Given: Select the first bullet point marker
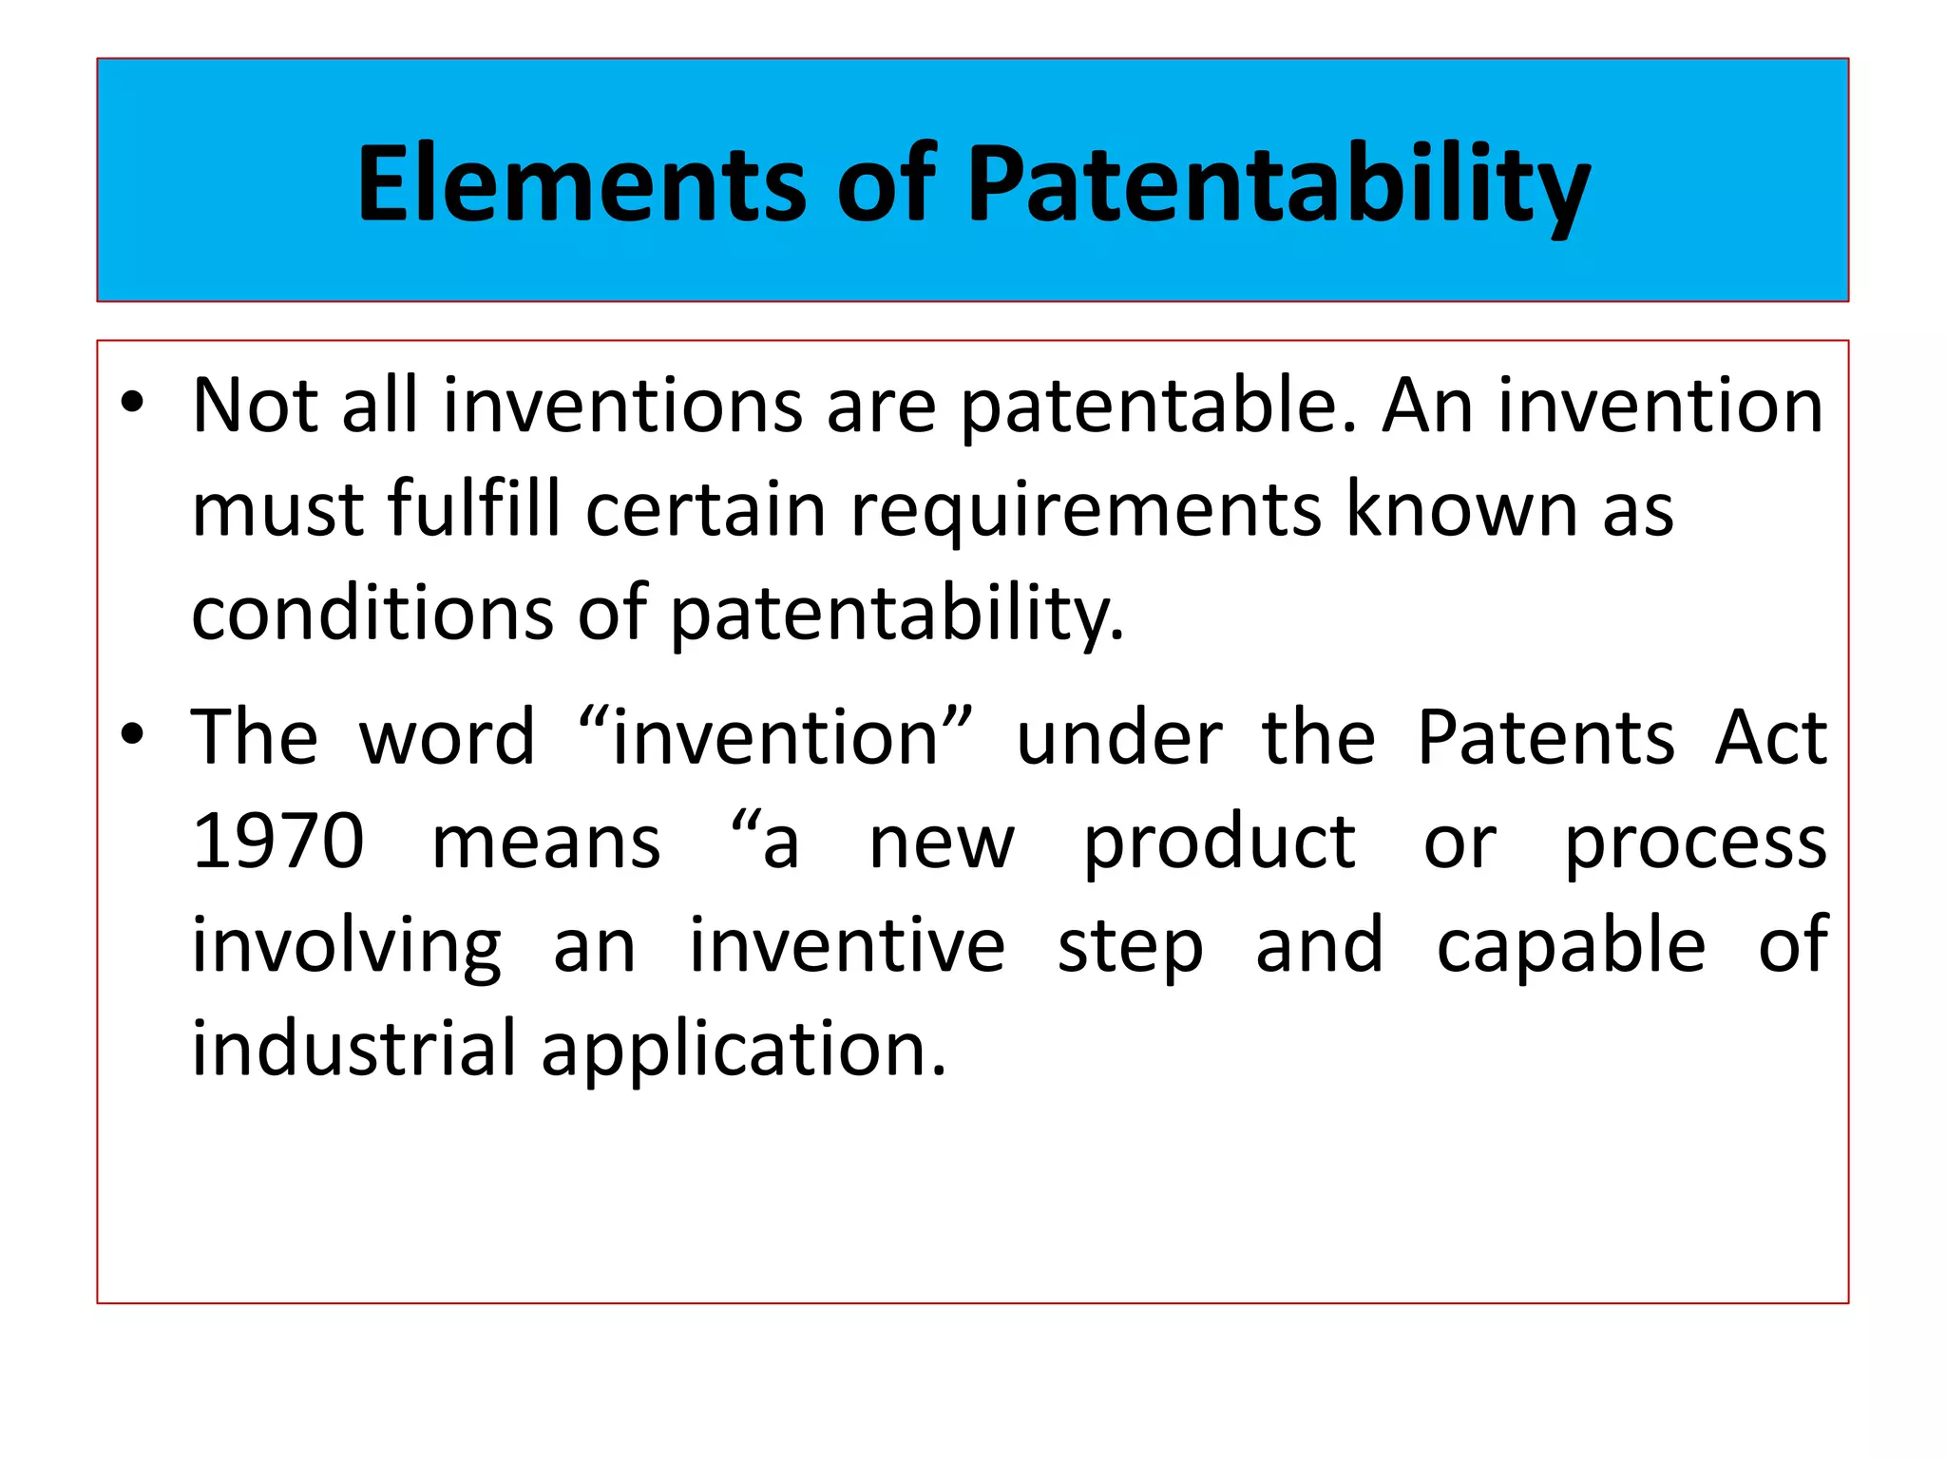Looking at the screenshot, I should [x=132, y=403].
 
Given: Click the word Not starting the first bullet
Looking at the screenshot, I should [x=254, y=407].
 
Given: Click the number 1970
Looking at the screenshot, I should [x=277, y=841].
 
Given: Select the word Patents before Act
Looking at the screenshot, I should [x=1546, y=737].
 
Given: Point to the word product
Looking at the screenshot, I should [x=1219, y=843].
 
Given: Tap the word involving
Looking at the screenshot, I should [x=346, y=946].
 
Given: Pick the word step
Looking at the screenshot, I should [x=1130, y=947].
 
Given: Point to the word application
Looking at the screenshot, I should [x=743, y=1050].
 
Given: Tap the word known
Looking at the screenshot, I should [x=1460, y=509].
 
